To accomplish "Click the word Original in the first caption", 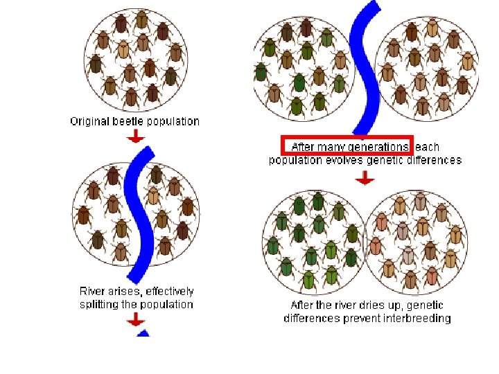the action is pos(90,121).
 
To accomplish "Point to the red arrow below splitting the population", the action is pos(136,319).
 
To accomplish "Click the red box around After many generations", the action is pos(347,146).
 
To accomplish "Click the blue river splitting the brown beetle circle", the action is pos(139,208).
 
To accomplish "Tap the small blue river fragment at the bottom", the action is pos(143,333).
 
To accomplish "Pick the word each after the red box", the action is pos(427,147).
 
